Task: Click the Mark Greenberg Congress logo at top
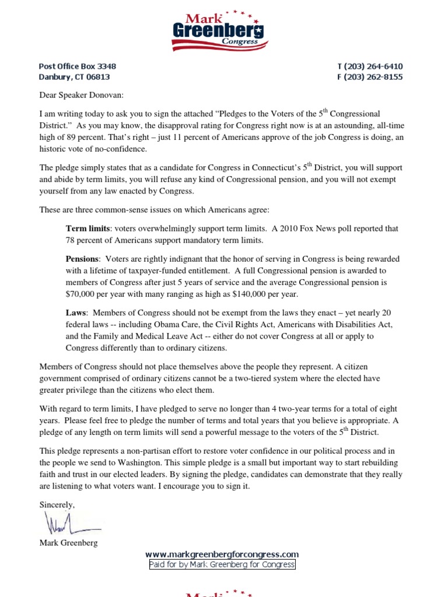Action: coord(220,30)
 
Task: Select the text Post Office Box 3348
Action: coord(77,66)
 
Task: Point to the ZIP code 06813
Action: coord(97,77)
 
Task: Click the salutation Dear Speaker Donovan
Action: coord(82,96)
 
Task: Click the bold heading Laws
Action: coord(76,313)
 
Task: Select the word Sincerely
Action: coord(57,504)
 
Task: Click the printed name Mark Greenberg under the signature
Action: coord(68,543)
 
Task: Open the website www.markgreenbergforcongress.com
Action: coord(222,554)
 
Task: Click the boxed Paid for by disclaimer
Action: coord(222,564)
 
